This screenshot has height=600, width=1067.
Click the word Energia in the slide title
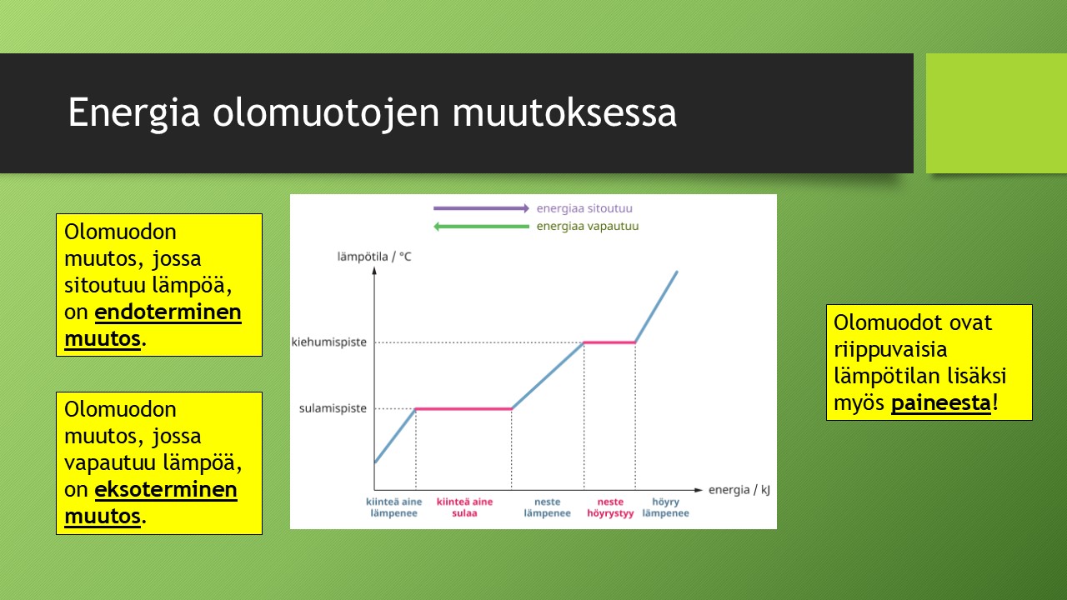tap(134, 112)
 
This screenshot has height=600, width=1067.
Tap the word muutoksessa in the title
tap(564, 112)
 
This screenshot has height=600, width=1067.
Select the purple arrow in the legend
tap(481, 208)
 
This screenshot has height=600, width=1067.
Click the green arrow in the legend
tap(481, 226)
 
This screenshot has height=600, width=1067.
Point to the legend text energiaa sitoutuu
tap(584, 208)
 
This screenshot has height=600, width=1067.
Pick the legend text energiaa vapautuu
tap(588, 226)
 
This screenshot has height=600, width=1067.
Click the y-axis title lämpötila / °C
tap(374, 257)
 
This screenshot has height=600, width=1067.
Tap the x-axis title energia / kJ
tap(739, 490)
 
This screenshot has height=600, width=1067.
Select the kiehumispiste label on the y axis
tap(329, 342)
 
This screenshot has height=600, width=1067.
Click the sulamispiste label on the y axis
tap(333, 408)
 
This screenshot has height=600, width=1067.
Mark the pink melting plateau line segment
tap(463, 408)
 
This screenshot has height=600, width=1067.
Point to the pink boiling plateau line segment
tap(609, 342)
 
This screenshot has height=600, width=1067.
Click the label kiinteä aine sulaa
tap(464, 507)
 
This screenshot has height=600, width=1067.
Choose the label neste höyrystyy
tap(610, 507)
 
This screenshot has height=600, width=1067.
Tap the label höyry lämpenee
tap(665, 507)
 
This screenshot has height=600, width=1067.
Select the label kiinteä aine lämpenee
tap(394, 507)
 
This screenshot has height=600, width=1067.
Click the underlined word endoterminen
tap(168, 312)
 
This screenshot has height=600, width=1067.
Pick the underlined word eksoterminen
tap(166, 489)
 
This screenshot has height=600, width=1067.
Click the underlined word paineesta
tap(941, 403)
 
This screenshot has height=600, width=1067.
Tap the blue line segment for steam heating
tap(656, 307)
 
